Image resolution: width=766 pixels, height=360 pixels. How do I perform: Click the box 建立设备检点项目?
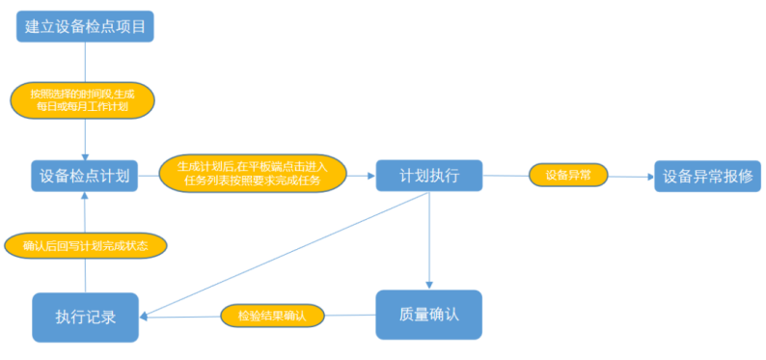pos(85,26)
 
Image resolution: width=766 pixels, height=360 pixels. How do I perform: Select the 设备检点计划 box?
pos(85,176)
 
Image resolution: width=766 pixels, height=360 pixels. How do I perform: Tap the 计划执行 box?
pos(428,176)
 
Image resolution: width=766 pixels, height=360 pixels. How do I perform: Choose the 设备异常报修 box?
pos(707,176)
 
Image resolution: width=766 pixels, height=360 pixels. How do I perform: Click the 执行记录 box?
pos(85,317)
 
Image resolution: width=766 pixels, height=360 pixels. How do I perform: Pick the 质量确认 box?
pos(427,315)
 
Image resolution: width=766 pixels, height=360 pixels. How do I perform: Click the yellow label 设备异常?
pos(568,176)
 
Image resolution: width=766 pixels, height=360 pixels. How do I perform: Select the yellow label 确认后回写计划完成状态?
pos(85,245)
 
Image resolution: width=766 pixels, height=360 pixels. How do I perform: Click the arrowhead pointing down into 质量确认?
pos(428,285)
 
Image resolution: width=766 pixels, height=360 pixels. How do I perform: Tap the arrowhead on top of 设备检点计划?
pos(85,154)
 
